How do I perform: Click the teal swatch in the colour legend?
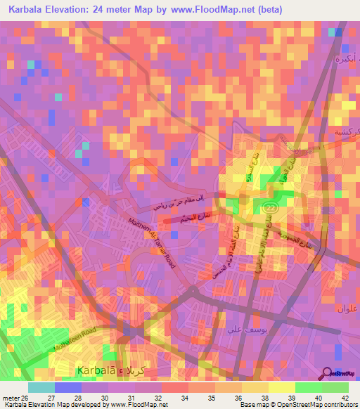tap(41, 387)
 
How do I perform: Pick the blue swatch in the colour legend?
tap(68, 387)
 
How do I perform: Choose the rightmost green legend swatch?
tap(335, 387)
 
